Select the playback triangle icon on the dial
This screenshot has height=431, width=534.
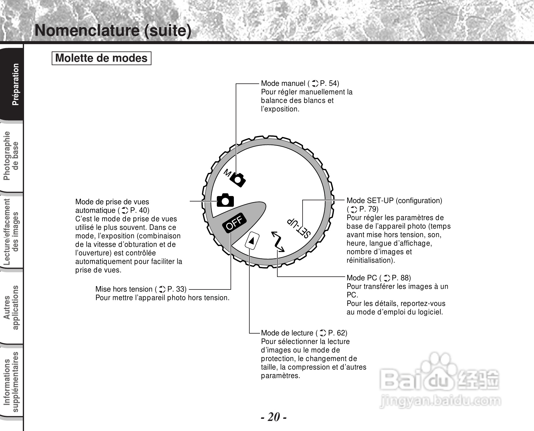point(252,240)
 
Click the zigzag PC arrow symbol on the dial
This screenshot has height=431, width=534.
point(278,242)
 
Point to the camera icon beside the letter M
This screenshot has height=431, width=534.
point(238,180)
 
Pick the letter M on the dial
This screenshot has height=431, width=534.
point(227,173)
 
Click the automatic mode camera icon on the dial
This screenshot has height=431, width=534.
point(225,200)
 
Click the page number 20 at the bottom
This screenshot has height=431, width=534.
point(274,417)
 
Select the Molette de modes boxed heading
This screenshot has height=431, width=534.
point(101,58)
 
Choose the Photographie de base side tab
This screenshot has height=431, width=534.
point(12,156)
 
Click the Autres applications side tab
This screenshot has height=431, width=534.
point(12,307)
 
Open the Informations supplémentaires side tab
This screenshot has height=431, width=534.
point(12,382)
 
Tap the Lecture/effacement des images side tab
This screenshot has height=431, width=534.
point(12,231)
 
